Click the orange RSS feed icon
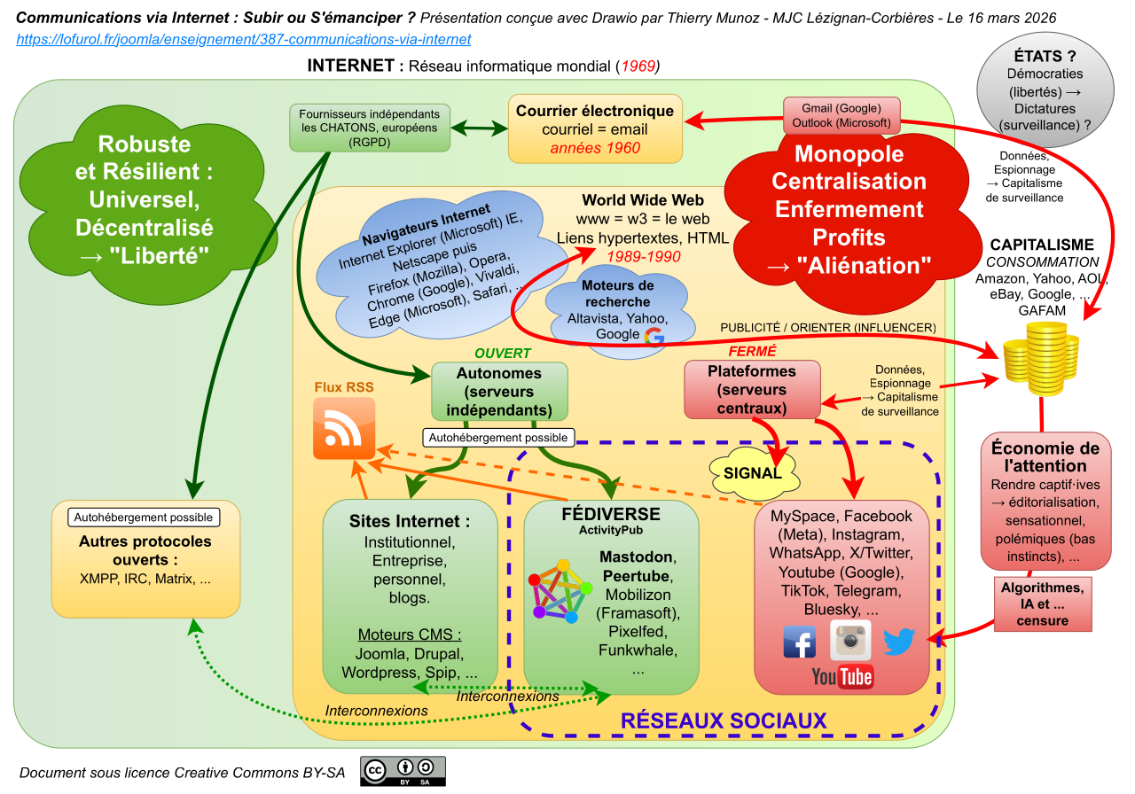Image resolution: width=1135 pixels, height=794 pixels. click(344, 429)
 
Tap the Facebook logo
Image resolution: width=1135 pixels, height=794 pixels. click(800, 642)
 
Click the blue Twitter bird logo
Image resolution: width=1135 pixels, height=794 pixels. click(898, 641)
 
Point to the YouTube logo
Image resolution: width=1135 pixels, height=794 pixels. click(842, 677)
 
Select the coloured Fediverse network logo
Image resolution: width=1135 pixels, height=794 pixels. click(560, 590)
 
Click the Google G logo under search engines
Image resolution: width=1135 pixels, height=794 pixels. click(654, 335)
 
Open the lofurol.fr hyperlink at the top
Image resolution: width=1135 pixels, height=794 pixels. click(244, 39)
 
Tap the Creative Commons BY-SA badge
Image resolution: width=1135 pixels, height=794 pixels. click(403, 771)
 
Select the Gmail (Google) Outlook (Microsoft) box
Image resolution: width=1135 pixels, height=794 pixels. click(841, 115)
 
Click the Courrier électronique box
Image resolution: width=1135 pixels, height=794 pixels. click(595, 128)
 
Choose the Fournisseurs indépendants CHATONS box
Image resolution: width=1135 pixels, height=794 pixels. click(370, 128)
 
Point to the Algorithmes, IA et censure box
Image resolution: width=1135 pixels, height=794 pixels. click(1042, 603)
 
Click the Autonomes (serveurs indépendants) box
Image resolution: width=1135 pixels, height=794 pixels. click(500, 391)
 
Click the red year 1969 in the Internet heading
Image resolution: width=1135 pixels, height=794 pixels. click(638, 66)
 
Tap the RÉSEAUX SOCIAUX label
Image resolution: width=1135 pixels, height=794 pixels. click(724, 720)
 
